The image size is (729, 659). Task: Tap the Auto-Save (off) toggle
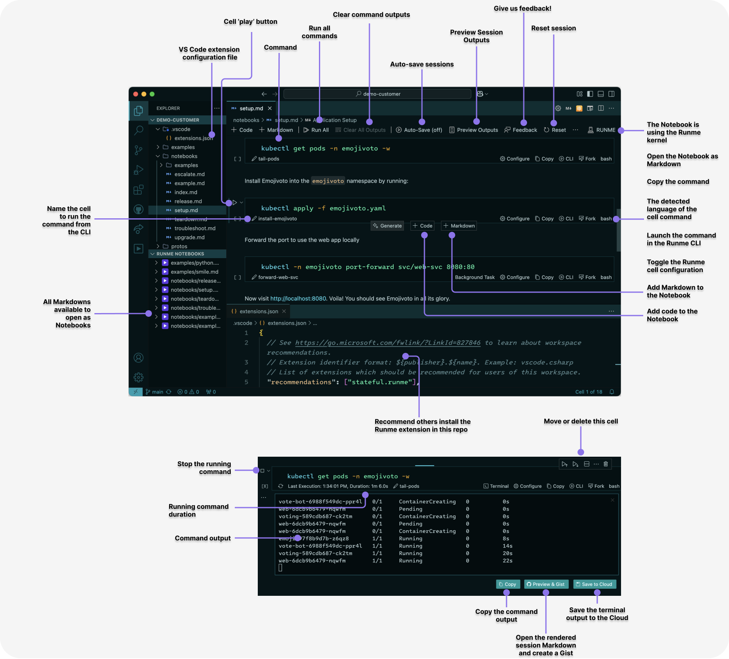(419, 130)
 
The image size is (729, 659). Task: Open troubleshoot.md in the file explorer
(195, 228)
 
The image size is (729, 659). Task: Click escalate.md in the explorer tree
(189, 174)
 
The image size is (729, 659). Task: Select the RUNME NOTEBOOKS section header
(180, 254)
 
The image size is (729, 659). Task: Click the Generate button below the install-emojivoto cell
(387, 226)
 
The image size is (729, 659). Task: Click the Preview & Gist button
(546, 584)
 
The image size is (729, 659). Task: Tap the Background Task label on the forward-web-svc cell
(475, 277)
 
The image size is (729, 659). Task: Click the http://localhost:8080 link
(298, 298)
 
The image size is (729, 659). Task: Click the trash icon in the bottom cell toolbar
(605, 464)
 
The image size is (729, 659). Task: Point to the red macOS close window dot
(136, 94)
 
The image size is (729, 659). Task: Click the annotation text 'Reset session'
(553, 28)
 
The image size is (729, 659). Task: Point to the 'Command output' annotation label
(202, 538)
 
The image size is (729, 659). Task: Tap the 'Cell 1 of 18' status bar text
(589, 392)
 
